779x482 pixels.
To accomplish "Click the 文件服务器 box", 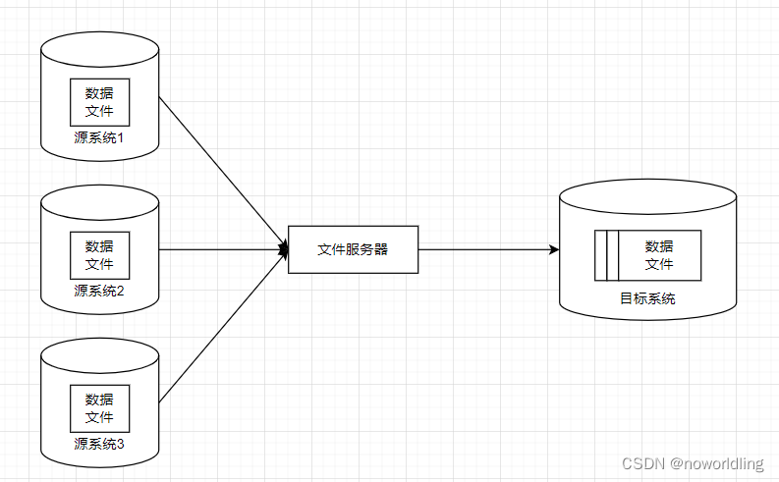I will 353,249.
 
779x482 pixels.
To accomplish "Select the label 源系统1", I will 99,136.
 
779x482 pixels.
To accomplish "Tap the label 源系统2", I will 99,291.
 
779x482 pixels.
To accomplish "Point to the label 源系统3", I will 99,444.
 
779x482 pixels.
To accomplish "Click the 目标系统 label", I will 647,298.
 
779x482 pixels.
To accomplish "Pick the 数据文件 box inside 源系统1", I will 99,102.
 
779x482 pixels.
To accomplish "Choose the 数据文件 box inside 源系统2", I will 99,255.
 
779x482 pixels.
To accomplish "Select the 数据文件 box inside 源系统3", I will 99,408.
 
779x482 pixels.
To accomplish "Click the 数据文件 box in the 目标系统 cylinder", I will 658,254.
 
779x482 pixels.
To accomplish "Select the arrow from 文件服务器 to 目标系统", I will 486,249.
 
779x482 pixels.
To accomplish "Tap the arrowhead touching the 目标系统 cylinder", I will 554,249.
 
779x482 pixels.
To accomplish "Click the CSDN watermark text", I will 644,462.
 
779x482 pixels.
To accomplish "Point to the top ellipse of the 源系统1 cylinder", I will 99,44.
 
